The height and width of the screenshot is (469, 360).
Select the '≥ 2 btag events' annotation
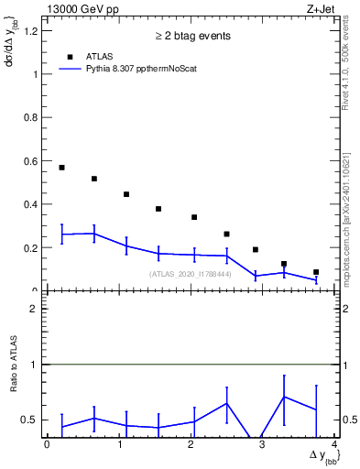pyautogui.click(x=191, y=36)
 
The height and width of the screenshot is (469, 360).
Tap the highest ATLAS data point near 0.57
pyautogui.click(x=61, y=168)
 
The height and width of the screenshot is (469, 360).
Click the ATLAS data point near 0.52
pyautogui.click(x=94, y=179)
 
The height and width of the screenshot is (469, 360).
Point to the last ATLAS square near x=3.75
pyautogui.click(x=316, y=272)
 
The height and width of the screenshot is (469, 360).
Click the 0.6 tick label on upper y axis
pyautogui.click(x=32, y=161)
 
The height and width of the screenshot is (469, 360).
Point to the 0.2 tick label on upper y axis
pyautogui.click(x=32, y=248)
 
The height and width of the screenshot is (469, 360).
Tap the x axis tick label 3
pyautogui.click(x=263, y=445)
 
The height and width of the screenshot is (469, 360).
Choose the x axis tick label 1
pyautogui.click(x=119, y=445)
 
